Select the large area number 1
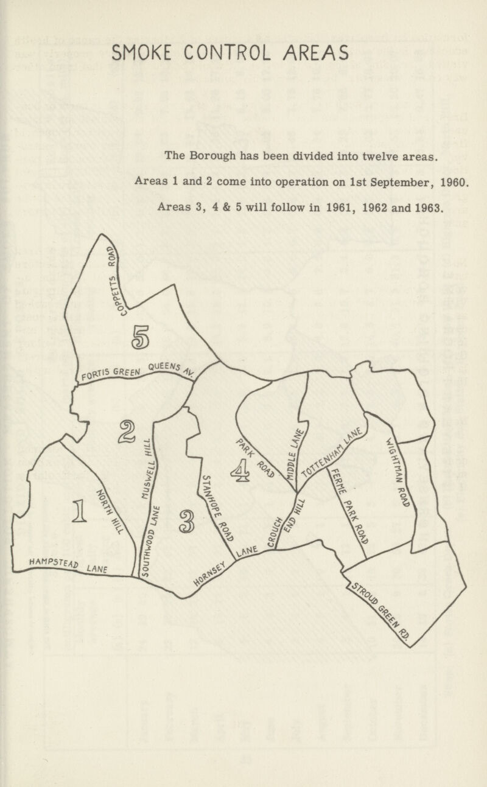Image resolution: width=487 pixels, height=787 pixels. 79,510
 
